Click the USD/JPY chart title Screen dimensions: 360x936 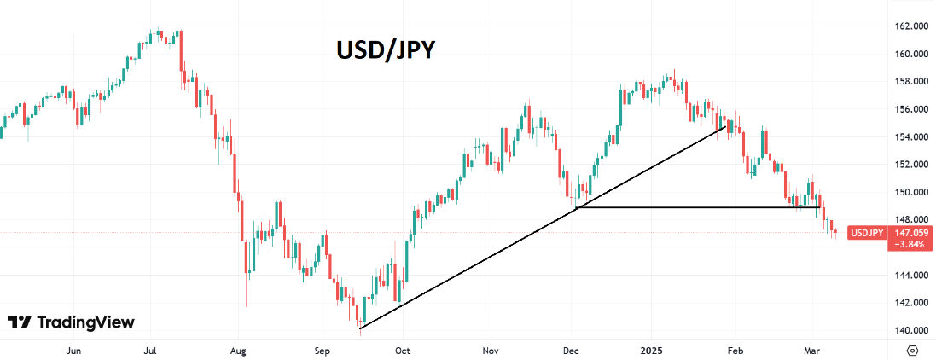[384, 50]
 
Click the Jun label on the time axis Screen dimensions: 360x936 [73, 350]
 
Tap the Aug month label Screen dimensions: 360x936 [239, 350]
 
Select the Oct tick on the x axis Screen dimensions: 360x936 [403, 350]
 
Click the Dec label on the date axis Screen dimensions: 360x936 [572, 350]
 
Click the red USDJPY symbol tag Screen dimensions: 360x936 [867, 232]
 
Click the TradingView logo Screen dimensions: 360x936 [72, 322]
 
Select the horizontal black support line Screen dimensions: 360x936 [700, 207]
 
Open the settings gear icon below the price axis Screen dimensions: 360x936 [912, 350]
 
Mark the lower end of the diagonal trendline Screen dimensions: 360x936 [361, 328]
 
